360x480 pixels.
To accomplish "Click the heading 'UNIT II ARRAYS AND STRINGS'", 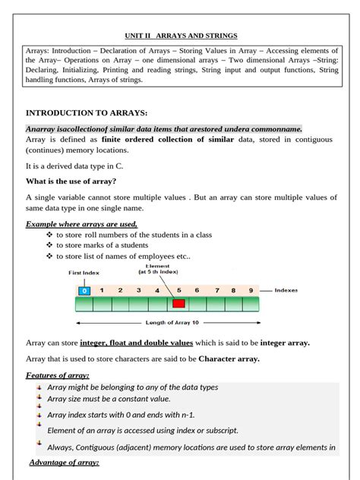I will pos(181,35).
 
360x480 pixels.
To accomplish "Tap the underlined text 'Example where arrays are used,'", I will pos(81,224).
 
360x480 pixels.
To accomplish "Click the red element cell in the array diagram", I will pos(178,304).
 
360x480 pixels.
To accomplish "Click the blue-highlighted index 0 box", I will pos(84,290).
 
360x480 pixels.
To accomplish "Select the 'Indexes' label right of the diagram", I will pos(286,290).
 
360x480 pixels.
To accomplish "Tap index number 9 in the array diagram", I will pos(250,290).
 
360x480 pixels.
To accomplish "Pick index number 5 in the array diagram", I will pos(178,290).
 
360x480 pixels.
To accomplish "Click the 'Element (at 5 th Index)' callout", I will pos(158,269).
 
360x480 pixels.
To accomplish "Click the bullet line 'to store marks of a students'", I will pos(102,245).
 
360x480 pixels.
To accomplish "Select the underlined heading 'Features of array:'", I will pos(58,375).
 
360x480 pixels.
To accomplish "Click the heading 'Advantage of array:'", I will pos(64,462).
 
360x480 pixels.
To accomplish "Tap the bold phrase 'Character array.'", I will pos(229,358).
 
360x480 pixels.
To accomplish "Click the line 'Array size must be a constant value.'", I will pos(109,399).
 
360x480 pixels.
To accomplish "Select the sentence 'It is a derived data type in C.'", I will pos(74,165).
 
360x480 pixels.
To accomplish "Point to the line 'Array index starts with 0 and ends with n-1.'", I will pos(121,415).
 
